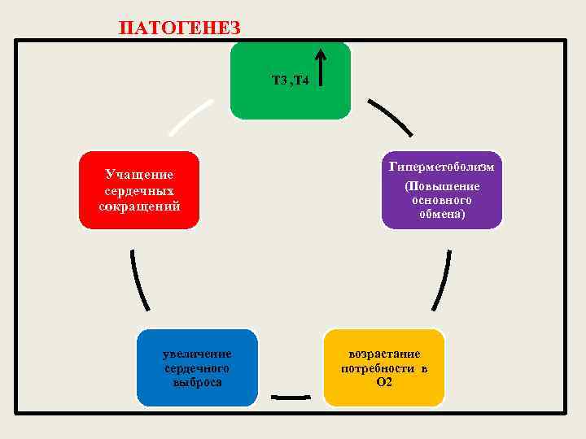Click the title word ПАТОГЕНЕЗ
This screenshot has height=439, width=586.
click(179, 28)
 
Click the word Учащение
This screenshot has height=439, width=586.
click(139, 174)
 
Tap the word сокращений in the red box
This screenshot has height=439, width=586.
click(139, 206)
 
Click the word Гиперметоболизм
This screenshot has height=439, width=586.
click(442, 167)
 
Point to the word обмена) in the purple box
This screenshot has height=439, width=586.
click(443, 215)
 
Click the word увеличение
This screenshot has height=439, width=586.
click(197, 354)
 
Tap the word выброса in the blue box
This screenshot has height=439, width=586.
click(197, 382)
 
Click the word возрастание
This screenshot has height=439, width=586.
click(384, 354)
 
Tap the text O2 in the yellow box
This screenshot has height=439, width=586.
click(384, 382)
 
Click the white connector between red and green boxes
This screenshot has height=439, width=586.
click(190, 118)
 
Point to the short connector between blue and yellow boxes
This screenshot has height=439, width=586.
click(291, 397)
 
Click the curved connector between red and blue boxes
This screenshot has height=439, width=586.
click(138, 279)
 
